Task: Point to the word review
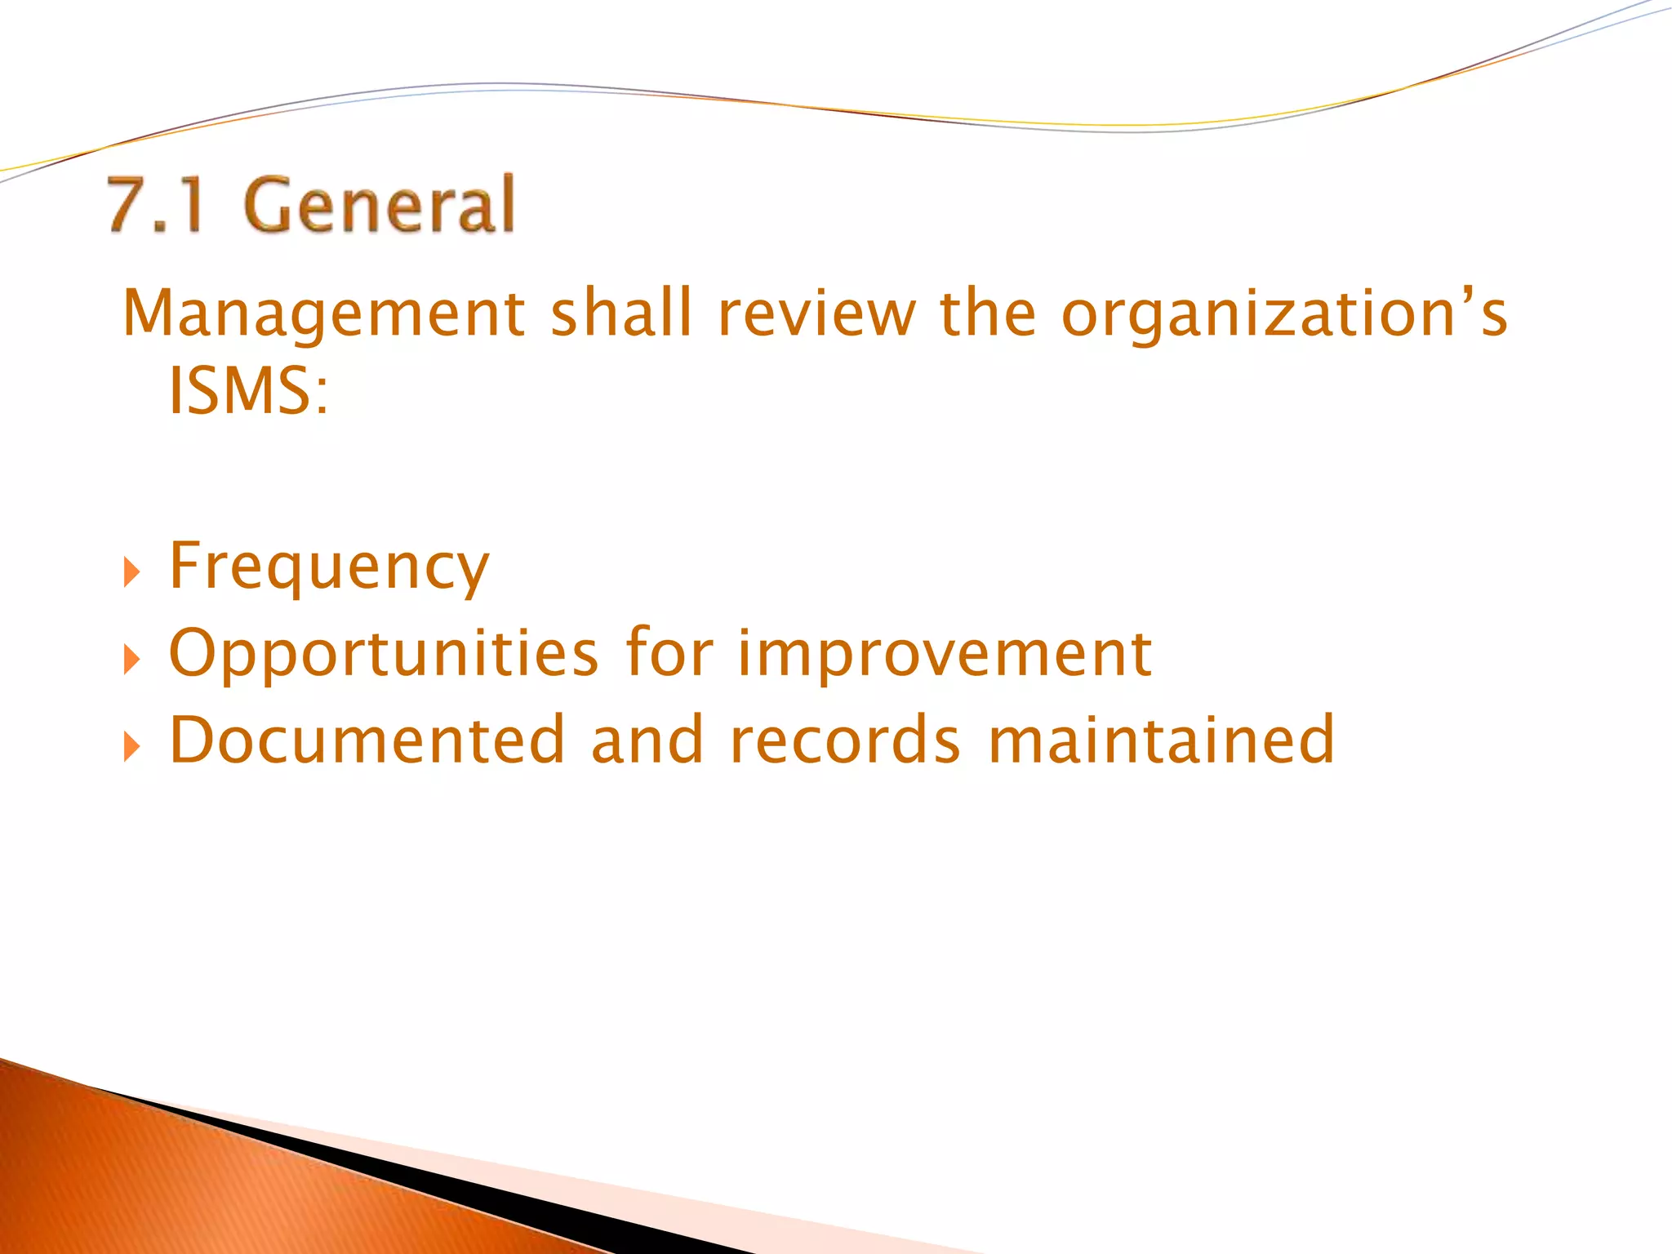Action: pyautogui.click(x=817, y=314)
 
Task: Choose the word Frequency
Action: pyautogui.click(x=329, y=567)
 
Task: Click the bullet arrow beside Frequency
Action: pyautogui.click(x=131, y=572)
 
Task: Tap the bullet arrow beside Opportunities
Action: pyautogui.click(x=131, y=659)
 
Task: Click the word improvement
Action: pyautogui.click(x=945, y=654)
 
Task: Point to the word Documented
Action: pyautogui.click(x=367, y=740)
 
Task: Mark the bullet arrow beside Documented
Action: pyautogui.click(x=131, y=746)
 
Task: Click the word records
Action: pyautogui.click(x=845, y=740)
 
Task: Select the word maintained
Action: pyautogui.click(x=1161, y=740)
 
